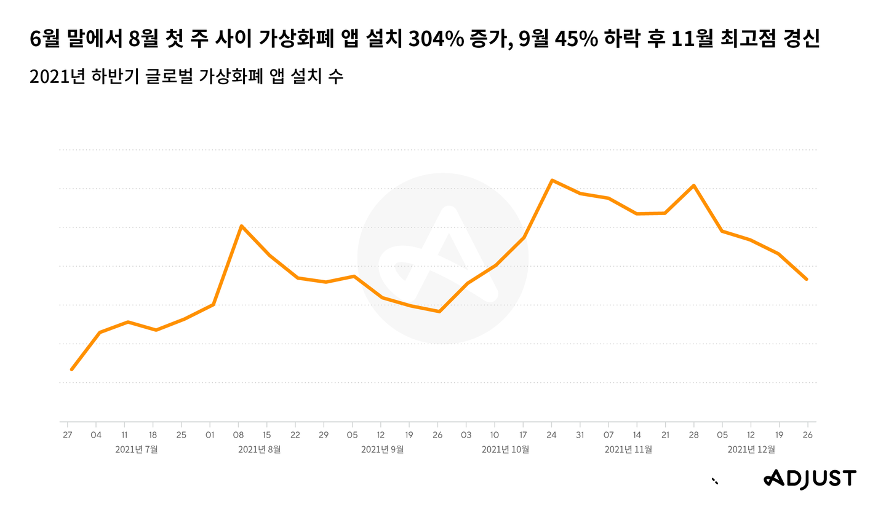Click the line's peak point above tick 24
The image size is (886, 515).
552,180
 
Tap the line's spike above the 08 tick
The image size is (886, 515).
241,226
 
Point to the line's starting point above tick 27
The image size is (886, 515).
71,369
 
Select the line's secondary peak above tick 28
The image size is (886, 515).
694,185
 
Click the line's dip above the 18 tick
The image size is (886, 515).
156,330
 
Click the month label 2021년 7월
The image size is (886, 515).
137,450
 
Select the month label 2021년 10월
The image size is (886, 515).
505,450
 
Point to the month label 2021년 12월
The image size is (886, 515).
751,450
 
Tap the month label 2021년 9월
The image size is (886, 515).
383,450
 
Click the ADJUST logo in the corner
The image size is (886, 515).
809,479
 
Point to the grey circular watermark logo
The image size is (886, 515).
442,258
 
